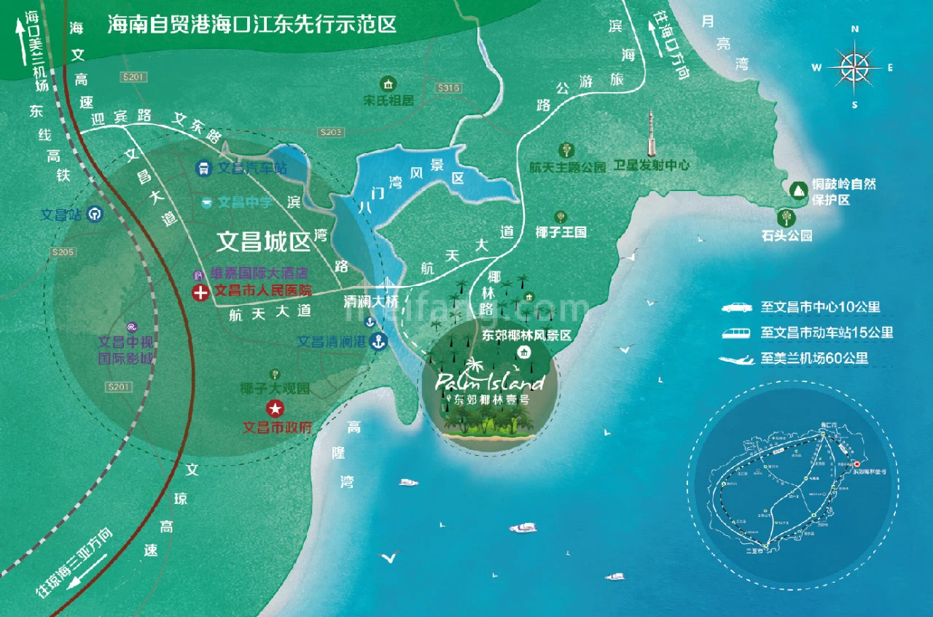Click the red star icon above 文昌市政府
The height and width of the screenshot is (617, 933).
pos(275,408)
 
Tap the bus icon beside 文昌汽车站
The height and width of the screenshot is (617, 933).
pos(203,168)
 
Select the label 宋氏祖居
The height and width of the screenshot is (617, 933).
pos(389,101)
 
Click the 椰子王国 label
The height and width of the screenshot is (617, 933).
pos(561,232)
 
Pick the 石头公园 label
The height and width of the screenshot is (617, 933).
pos(786,236)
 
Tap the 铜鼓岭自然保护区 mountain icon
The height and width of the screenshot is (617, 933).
pos(797,189)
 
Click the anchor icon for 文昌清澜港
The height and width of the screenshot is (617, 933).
pos(378,341)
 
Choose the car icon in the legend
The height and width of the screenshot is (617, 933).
pos(737,308)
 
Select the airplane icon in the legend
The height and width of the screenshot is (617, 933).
pos(737,359)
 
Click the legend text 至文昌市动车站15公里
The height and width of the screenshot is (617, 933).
pos(827,333)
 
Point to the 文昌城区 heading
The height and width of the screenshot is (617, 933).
pos(264,241)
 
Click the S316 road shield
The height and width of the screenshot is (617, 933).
pos(448,88)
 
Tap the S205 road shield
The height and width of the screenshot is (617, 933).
pos(63,252)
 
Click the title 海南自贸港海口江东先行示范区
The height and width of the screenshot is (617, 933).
pos(252,26)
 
